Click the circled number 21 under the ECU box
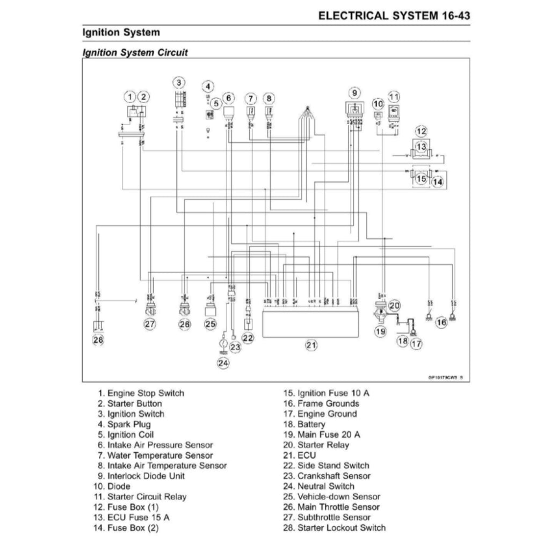coord(311,345)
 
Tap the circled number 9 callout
coord(354,92)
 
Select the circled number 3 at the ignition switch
coord(179,82)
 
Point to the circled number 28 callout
coord(98,339)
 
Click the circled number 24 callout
coord(223,363)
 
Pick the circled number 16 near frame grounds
coord(441,322)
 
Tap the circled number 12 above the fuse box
coord(421,131)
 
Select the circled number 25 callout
coord(210,324)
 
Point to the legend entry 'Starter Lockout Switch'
coord(334,528)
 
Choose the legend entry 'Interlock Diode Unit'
coord(139,476)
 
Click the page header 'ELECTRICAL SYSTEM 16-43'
coord(394,15)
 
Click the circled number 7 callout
coord(250,98)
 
